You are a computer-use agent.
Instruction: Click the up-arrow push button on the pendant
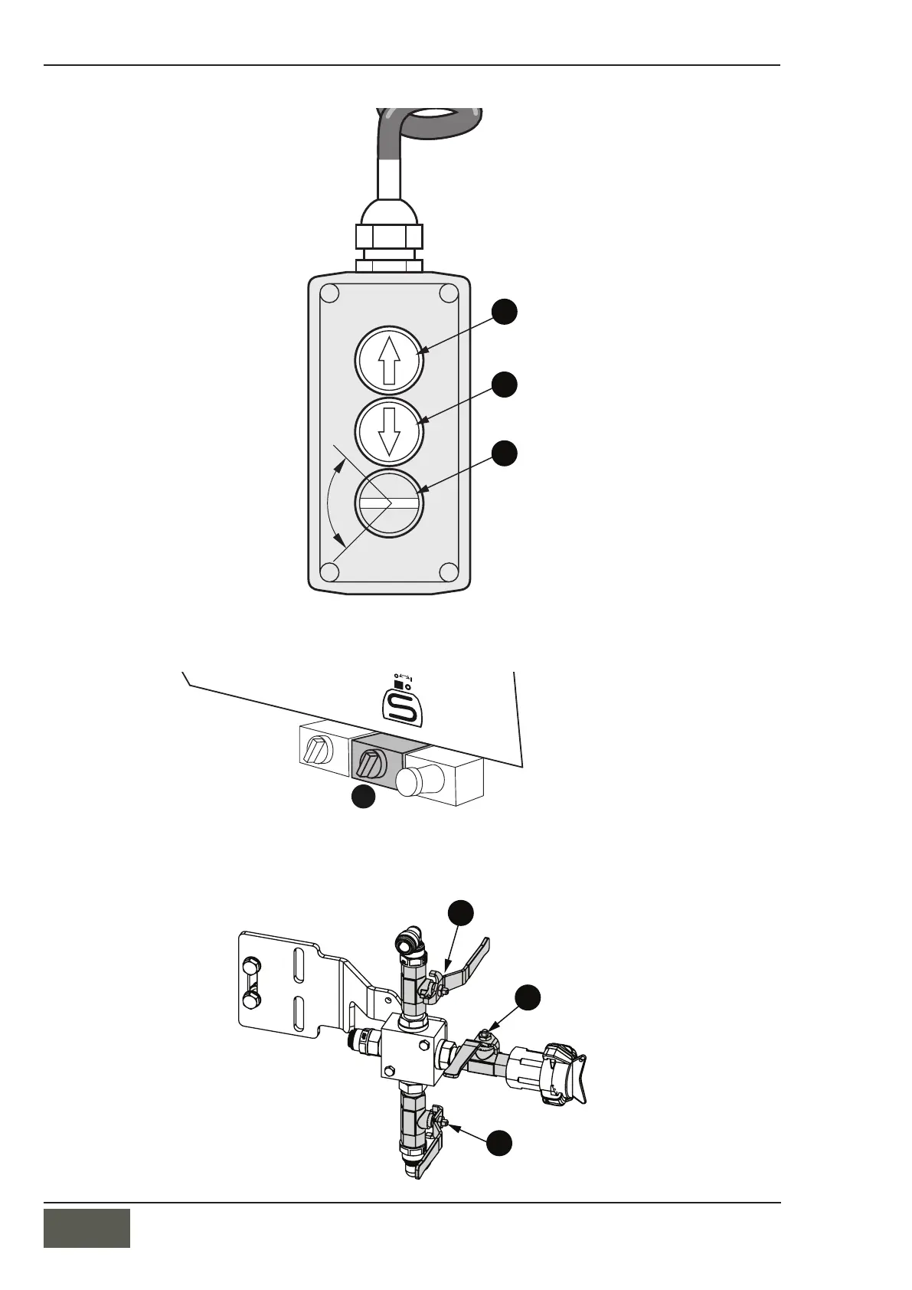(x=388, y=359)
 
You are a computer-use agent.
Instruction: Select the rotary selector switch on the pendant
(x=388, y=503)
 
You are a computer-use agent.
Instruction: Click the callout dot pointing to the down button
(x=504, y=384)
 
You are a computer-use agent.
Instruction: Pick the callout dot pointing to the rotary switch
(x=504, y=453)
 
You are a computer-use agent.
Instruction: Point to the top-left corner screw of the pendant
(x=329, y=294)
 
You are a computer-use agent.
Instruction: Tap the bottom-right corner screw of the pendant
(x=449, y=571)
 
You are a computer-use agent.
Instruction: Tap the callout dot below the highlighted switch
(x=363, y=797)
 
